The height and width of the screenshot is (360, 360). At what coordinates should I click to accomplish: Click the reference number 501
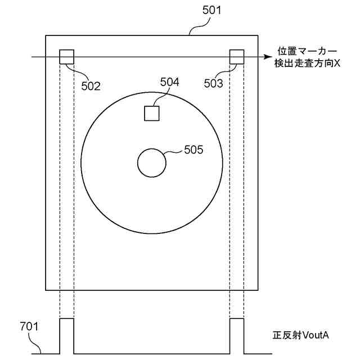[x=211, y=10]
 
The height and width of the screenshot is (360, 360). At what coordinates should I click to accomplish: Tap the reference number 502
[x=91, y=86]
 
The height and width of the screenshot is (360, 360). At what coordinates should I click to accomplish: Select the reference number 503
[x=214, y=83]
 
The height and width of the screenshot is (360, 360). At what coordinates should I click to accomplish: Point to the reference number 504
[x=170, y=82]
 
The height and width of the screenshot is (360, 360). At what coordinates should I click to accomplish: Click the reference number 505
[x=193, y=150]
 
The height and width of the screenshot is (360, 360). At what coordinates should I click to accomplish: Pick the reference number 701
[x=29, y=326]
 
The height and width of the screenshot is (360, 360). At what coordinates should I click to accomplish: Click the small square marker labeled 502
[x=67, y=57]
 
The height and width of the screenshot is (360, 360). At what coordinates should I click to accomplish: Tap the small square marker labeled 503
[x=237, y=57]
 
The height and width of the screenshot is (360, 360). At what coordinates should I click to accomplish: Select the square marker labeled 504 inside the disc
[x=152, y=114]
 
